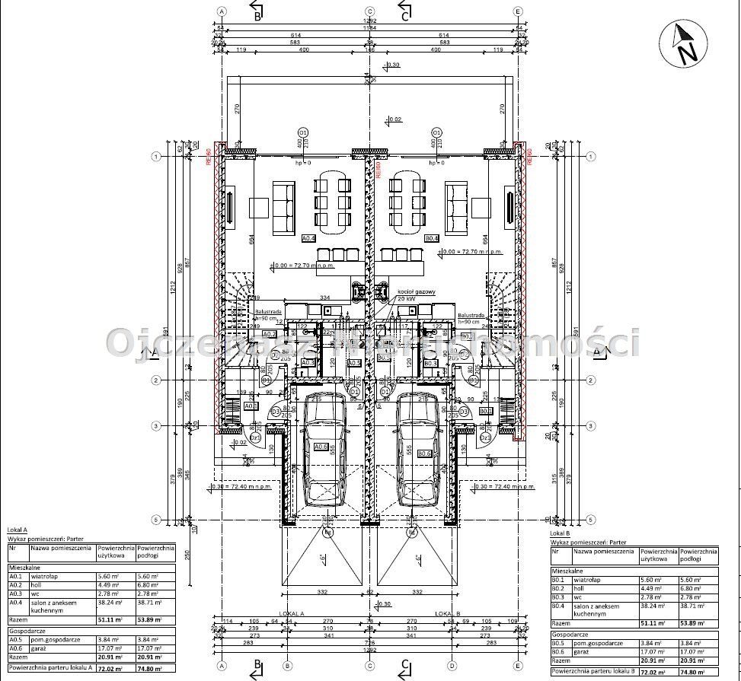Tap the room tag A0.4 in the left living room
pyautogui.click(x=308, y=239)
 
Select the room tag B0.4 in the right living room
pyautogui.click(x=432, y=239)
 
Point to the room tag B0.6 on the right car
pyautogui.click(x=424, y=453)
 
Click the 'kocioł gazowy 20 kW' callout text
pyautogui.click(x=416, y=294)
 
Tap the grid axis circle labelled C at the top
pyautogui.click(x=369, y=11)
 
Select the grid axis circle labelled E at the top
pyautogui.click(x=518, y=11)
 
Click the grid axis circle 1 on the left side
pyautogui.click(x=155, y=157)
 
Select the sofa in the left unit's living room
pyautogui.click(x=284, y=206)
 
